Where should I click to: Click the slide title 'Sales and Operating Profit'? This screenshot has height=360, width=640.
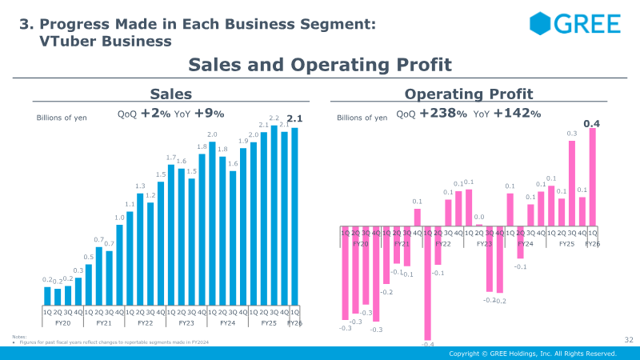coord(320,64)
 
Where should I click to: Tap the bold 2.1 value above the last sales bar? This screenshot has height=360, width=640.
coord(294,120)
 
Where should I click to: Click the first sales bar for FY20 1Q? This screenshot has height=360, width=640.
coord(47,296)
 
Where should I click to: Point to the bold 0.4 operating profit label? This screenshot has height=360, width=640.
coord(592,123)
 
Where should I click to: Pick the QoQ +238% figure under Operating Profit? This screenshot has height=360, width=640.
coord(429,114)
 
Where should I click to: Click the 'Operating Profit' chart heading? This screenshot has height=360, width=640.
coord(469,94)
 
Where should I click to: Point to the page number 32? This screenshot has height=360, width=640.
coord(628,340)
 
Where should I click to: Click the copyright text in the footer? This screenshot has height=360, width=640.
coord(532,354)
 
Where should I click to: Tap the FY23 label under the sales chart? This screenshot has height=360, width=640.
coord(186,323)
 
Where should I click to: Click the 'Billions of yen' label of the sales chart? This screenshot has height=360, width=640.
coord(62,118)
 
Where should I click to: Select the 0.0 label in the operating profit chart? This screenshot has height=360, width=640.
coord(479,217)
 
